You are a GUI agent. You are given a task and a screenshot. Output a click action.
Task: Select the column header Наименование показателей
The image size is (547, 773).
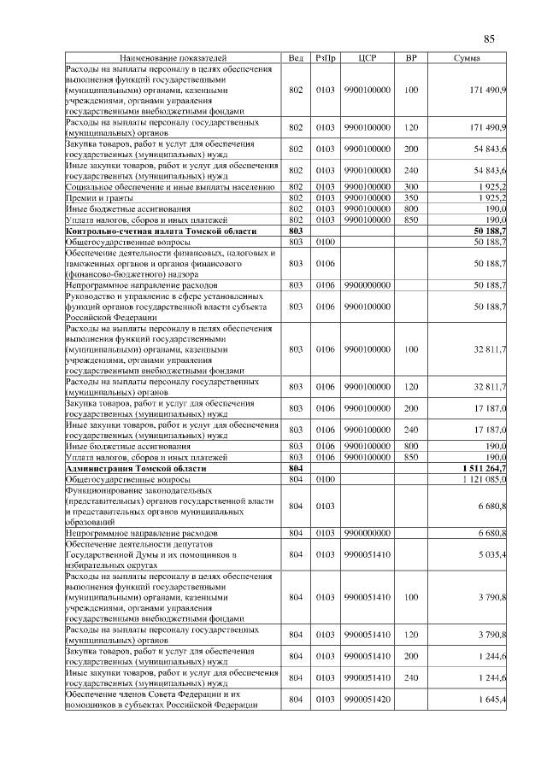pyautogui.click(x=172, y=58)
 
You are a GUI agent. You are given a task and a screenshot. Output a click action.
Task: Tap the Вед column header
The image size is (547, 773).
pyautogui.click(x=296, y=58)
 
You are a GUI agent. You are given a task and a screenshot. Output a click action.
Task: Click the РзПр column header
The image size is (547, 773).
pyautogui.click(x=325, y=58)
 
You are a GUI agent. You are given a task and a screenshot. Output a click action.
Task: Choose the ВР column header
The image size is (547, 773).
pyautogui.click(x=411, y=58)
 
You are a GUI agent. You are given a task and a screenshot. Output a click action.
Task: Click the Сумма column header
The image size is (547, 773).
pyautogui.click(x=467, y=58)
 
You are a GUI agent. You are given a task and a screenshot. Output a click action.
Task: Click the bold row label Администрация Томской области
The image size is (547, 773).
pyautogui.click(x=136, y=469)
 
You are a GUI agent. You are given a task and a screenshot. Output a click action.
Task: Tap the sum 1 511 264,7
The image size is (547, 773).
pyautogui.click(x=485, y=469)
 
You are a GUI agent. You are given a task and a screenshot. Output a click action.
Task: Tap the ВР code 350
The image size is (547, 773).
pyautogui.click(x=411, y=196)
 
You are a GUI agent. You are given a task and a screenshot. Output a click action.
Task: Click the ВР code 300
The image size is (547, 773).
pyautogui.click(x=411, y=185)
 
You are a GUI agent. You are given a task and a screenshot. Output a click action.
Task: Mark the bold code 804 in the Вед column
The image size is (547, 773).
pyautogui.click(x=296, y=469)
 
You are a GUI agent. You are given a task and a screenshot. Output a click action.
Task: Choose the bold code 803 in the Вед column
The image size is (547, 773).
pyautogui.click(x=296, y=231)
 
